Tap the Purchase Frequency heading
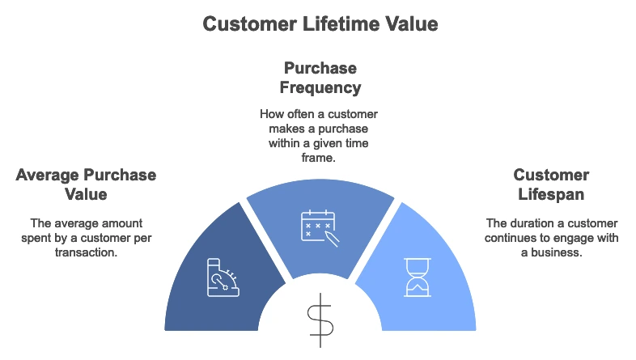pyautogui.click(x=320, y=77)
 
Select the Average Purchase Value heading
pyautogui.click(x=86, y=185)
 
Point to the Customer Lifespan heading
pyautogui.click(x=551, y=185)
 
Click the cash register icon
pyautogui.click(x=223, y=277)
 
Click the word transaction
pyautogui.click(x=86, y=252)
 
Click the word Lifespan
pyautogui.click(x=551, y=195)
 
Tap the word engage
pyautogui.click(x=581, y=237)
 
